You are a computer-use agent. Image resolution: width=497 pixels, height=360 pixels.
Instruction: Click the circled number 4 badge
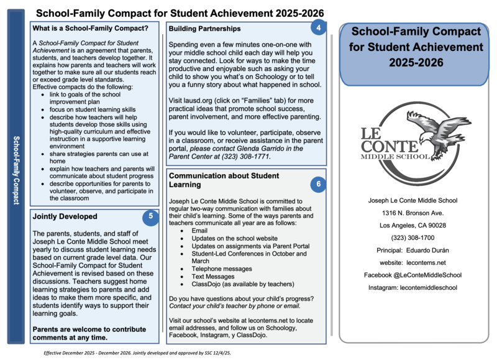click(318, 28)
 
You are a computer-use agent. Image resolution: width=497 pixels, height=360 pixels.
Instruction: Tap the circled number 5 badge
click(150, 216)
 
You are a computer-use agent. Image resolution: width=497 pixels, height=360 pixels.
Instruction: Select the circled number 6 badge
click(318, 183)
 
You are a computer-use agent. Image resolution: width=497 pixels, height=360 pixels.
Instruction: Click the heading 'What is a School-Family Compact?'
click(91, 29)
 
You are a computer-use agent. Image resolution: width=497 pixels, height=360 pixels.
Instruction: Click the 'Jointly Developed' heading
click(65, 216)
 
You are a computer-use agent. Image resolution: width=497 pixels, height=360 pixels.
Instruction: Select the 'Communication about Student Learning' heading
click(224, 180)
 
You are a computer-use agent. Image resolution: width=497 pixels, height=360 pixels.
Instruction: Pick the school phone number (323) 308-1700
click(413, 238)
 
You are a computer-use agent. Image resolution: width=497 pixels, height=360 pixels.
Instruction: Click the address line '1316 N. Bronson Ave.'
click(413, 213)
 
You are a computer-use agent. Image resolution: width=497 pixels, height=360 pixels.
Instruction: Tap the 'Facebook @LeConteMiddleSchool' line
click(413, 275)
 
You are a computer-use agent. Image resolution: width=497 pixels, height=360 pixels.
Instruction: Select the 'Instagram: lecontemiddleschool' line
click(413, 288)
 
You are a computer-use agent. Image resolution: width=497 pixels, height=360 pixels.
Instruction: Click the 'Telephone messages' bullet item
click(222, 269)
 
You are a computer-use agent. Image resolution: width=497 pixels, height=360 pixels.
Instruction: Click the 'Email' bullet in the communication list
click(199, 231)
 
